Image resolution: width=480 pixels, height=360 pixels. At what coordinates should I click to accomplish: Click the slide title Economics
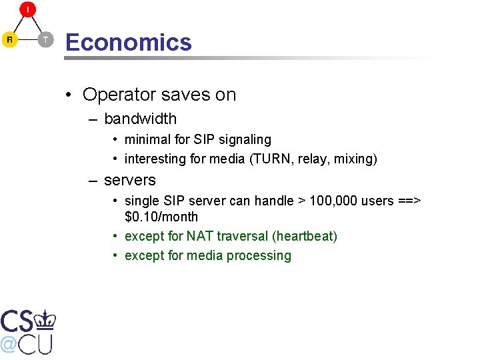click(x=128, y=43)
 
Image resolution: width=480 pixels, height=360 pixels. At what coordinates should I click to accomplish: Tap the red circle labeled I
click(x=28, y=9)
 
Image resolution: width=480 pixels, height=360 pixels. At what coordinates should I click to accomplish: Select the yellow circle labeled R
click(x=9, y=40)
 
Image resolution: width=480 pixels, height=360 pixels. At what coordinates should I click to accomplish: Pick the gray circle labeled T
click(x=45, y=40)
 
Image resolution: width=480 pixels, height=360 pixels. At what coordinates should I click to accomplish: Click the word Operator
click(x=113, y=95)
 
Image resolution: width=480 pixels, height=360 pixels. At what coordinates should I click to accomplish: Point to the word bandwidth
click(x=141, y=119)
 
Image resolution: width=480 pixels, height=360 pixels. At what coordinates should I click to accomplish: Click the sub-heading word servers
click(x=130, y=180)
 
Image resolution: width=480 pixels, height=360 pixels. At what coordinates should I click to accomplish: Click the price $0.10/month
click(x=161, y=217)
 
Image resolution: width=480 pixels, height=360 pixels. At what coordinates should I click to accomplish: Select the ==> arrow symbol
click(x=410, y=201)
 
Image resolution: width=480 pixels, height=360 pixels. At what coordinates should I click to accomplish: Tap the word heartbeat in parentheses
click(x=305, y=237)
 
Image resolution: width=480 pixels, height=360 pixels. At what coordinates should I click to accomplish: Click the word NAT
click(x=200, y=237)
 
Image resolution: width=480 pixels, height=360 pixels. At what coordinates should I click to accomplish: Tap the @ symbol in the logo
click(x=9, y=344)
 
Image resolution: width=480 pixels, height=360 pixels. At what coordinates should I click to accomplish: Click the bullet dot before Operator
click(x=69, y=95)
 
